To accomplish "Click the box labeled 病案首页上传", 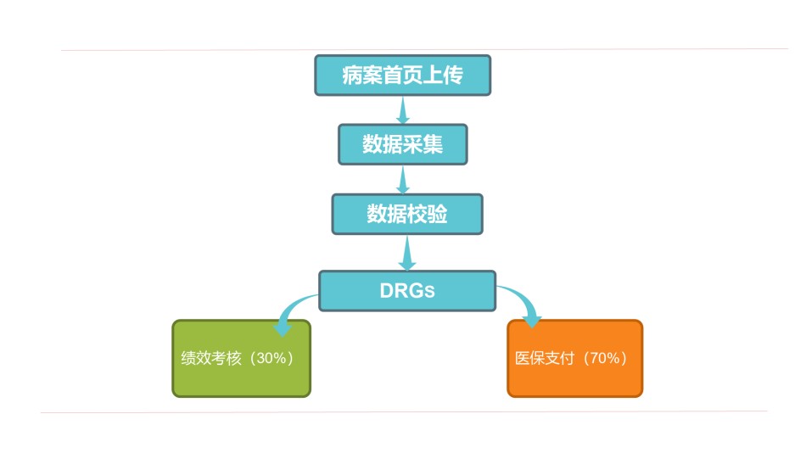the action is coord(402,75).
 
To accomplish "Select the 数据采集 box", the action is coord(402,144).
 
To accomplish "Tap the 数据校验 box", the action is coord(407,214).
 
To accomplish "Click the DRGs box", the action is coord(407,291).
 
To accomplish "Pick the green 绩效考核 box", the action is coord(241,358).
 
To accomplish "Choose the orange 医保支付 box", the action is coord(574,358).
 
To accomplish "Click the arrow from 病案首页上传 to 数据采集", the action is coord(402,110).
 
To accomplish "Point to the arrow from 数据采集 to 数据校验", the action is coord(403,180).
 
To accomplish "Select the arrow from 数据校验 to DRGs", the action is coord(407,253).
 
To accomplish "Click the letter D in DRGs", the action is coord(386,291).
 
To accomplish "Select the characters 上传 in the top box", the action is coord(444,75).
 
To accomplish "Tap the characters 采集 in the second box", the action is coord(423,144).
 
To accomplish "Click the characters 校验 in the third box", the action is coord(427,214).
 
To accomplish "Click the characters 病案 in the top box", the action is coord(362,75).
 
